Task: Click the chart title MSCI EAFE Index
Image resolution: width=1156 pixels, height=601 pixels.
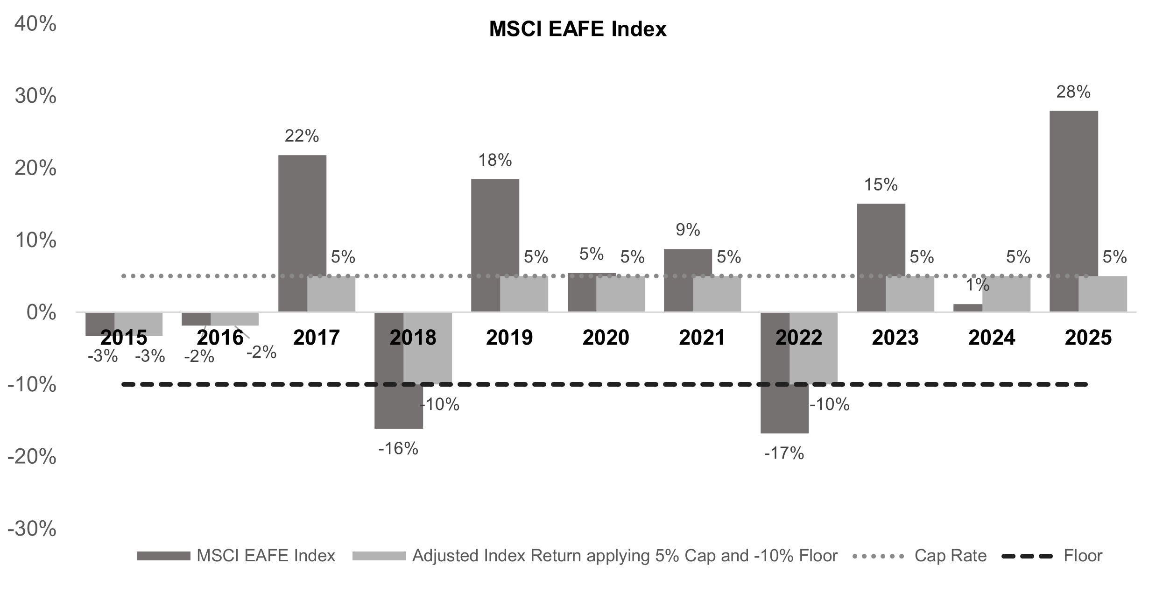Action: point(578,29)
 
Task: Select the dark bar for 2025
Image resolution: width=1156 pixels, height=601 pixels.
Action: point(1073,210)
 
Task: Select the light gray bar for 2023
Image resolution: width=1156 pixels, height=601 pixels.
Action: point(909,294)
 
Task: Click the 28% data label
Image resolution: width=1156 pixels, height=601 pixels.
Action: point(1073,92)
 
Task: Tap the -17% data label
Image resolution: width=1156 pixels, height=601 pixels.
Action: point(784,453)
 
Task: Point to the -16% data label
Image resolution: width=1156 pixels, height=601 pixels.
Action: point(398,449)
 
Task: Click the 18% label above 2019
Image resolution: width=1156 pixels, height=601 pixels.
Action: point(495,160)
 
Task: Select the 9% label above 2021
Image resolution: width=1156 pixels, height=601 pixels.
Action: point(688,230)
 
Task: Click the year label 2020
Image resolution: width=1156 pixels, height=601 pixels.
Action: point(606,337)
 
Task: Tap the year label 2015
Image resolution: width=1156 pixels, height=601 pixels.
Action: point(124,337)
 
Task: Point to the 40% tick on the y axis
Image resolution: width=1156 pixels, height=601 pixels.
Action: point(35,24)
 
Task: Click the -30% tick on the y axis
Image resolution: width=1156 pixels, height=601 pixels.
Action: point(32,529)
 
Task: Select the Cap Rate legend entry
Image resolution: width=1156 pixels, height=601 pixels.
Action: point(950,556)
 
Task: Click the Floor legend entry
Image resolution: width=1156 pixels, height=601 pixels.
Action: point(1082,556)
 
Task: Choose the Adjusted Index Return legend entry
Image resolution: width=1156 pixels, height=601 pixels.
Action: point(625,556)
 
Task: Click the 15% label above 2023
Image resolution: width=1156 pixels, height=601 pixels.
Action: point(881,185)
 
